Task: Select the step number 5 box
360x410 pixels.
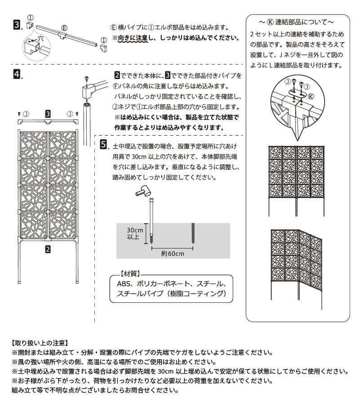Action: pos(104,145)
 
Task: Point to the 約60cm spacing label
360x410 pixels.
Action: pos(173,253)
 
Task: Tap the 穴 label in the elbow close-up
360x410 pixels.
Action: pos(40,40)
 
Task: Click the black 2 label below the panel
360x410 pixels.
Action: pos(48,247)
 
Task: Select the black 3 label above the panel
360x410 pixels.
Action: pos(48,113)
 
